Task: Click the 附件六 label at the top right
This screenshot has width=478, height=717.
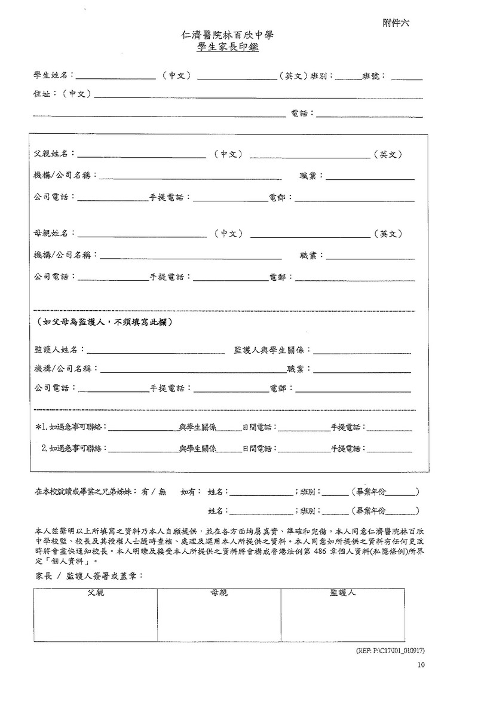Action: [396, 23]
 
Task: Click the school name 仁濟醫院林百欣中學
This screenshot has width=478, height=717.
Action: [227, 36]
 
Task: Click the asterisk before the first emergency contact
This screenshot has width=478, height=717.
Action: [39, 427]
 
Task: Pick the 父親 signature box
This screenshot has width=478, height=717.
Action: [96, 616]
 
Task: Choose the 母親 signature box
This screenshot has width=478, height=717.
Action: [219, 616]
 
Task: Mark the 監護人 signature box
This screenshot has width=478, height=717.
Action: [342, 616]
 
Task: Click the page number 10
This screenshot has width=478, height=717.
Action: [421, 664]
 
